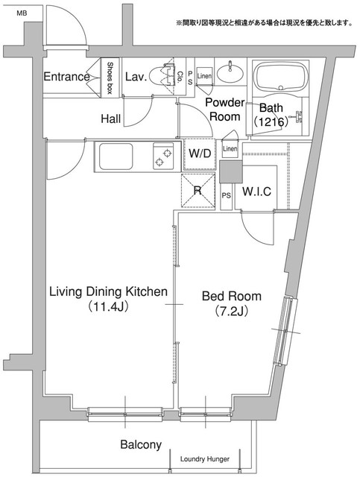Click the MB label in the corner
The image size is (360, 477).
(x=22, y=13)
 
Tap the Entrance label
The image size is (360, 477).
(x=66, y=76)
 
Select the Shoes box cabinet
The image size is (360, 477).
(x=110, y=78)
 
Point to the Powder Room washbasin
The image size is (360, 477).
(x=230, y=73)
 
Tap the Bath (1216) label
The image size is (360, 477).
(x=271, y=115)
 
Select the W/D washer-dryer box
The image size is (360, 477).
(x=200, y=154)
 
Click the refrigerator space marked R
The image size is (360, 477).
(x=198, y=191)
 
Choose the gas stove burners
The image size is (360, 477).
(x=163, y=157)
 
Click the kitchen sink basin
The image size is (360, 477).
(x=116, y=157)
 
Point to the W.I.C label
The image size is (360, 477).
(x=256, y=192)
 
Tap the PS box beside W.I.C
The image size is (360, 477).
(x=226, y=196)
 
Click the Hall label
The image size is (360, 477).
(x=111, y=119)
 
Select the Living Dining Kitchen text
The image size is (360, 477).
(x=108, y=291)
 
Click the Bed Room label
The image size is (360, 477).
(x=232, y=296)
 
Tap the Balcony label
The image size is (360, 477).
(x=141, y=444)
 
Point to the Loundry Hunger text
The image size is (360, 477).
(x=205, y=459)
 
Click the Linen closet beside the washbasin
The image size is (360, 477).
(x=204, y=76)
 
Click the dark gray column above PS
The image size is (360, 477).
(x=231, y=171)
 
